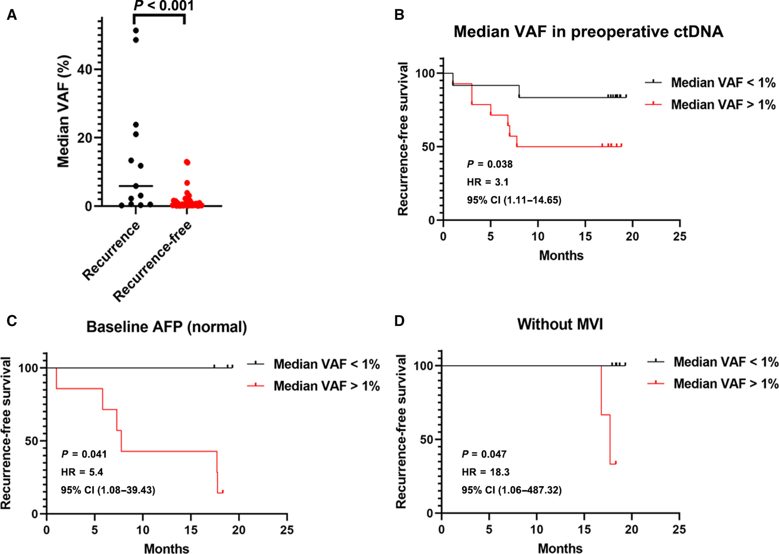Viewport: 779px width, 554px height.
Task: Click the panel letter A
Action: [x=12, y=15]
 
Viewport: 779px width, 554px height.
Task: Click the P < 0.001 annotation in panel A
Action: [x=163, y=5]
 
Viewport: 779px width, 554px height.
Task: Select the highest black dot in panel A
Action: [x=136, y=30]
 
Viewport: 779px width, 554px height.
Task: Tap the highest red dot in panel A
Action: [x=187, y=162]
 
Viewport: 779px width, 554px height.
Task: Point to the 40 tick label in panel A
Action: [x=85, y=69]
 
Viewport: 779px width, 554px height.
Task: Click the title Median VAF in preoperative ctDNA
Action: [x=588, y=31]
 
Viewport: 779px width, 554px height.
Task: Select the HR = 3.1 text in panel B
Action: [x=488, y=182]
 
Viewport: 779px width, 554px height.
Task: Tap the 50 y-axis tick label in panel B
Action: [x=428, y=147]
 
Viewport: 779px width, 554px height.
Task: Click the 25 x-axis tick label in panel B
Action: [x=679, y=237]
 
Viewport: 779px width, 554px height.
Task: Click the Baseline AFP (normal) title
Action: [x=167, y=327]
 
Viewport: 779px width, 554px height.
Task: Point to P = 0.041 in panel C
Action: [x=84, y=454]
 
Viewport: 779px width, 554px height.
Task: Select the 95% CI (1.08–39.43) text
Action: [x=108, y=490]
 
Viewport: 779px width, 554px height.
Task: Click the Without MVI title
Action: [x=560, y=324]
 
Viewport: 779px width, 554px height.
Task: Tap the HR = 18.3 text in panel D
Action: [x=485, y=472]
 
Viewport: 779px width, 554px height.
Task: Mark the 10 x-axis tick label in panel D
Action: [x=537, y=529]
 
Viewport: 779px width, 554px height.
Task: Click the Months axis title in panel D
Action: [x=560, y=549]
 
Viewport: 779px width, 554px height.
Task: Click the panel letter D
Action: [x=399, y=321]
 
